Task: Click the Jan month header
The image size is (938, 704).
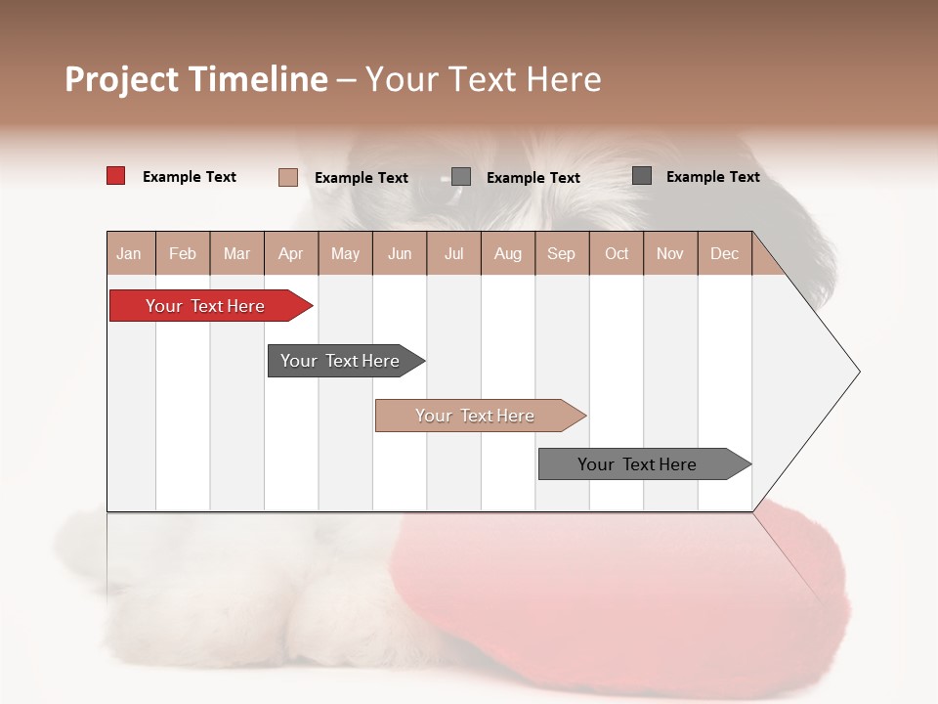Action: [x=129, y=253]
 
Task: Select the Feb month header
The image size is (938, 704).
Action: [x=183, y=253]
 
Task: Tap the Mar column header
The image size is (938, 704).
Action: [x=236, y=253]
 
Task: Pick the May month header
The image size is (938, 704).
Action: [x=345, y=253]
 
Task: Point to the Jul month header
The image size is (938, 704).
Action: [x=453, y=253]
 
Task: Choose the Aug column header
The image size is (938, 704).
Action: [x=507, y=253]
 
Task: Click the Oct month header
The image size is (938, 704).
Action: [x=617, y=253]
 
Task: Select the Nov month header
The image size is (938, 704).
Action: [x=670, y=253]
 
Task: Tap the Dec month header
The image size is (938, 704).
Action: [x=724, y=253]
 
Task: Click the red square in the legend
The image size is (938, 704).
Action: [x=115, y=176]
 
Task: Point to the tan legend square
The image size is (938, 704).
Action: [x=287, y=177]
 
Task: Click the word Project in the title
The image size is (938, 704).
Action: [x=122, y=79]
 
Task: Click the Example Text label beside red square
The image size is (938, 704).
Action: [x=190, y=177]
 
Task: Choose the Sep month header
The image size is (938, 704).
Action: [x=561, y=253]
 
